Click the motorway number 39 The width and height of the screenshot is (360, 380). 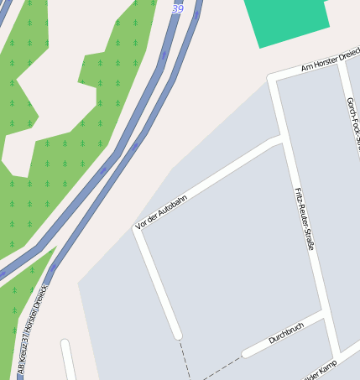click(x=177, y=8)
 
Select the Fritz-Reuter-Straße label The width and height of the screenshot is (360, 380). click(x=303, y=220)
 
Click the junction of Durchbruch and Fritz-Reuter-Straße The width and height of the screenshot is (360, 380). click(x=324, y=315)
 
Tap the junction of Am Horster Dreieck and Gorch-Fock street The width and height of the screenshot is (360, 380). click(x=342, y=60)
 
